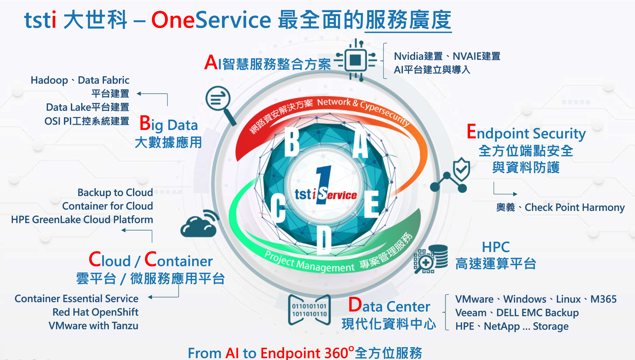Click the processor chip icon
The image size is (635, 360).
coord(356,60)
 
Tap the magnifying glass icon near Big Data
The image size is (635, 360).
coord(220,105)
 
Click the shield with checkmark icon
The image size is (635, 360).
coord(461,169)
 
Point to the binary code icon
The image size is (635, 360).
coord(309,310)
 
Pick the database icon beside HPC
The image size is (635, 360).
coord(431,259)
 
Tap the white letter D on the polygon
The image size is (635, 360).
coord(324,240)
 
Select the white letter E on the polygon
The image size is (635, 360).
coord(371,204)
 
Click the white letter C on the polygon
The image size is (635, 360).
coord(278,208)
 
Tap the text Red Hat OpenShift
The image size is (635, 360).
coord(95,312)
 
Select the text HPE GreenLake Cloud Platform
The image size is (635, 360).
coord(82,219)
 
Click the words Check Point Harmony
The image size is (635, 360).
coord(575,207)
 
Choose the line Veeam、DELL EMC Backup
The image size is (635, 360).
coord(517,313)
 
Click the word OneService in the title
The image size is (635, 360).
coord(211,20)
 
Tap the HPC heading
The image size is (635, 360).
coord(496,247)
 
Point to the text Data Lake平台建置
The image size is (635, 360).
coord(87,107)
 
